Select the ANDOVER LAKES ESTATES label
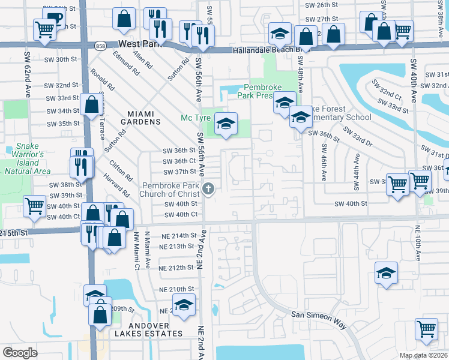click(x=143, y=329)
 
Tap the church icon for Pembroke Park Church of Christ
click(x=208, y=189)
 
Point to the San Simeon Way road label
click(x=319, y=319)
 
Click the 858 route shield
click(x=101, y=45)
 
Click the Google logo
click(x=20, y=353)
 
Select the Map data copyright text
click(x=423, y=355)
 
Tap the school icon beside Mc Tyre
click(x=226, y=124)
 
